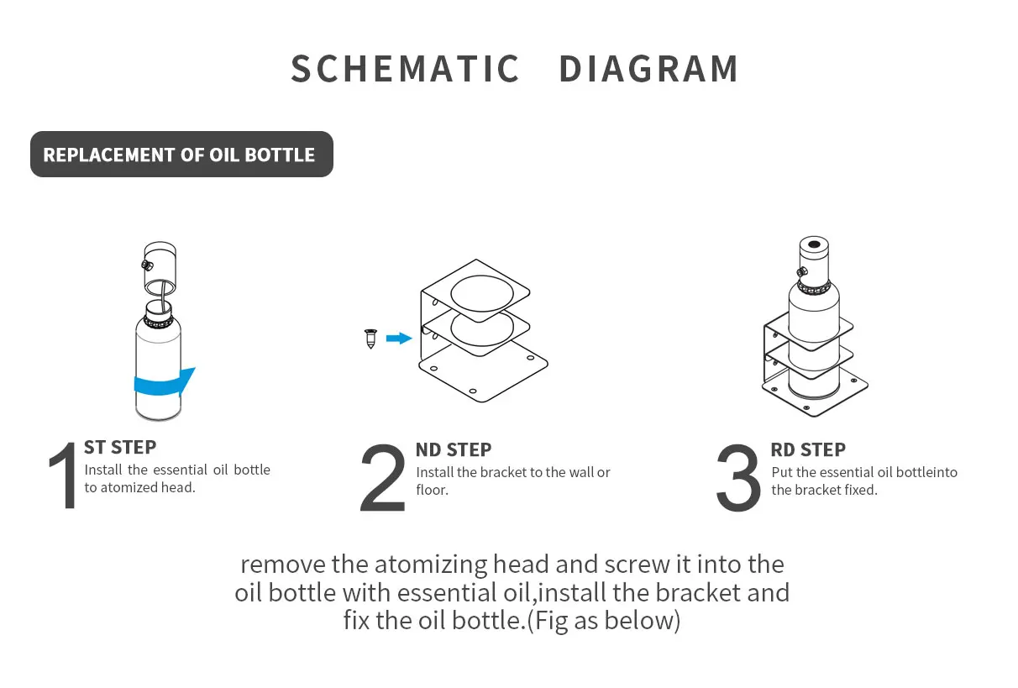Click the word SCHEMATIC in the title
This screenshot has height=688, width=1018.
[405, 69]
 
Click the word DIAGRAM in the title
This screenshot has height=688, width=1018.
[648, 69]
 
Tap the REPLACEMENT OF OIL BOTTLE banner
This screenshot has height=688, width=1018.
[181, 155]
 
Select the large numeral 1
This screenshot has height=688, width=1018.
[62, 478]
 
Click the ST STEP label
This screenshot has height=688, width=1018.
[120, 447]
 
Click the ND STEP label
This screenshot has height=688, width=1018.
[454, 449]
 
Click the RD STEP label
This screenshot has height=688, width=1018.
[808, 449]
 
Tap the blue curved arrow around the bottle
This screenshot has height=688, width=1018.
[165, 384]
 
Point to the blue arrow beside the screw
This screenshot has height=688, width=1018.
[398, 339]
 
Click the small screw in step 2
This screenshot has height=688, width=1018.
[370, 339]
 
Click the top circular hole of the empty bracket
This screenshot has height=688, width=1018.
[484, 293]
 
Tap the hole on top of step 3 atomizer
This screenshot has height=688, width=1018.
[813, 246]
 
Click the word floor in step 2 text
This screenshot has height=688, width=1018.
[432, 490]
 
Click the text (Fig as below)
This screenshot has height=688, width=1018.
[603, 621]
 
